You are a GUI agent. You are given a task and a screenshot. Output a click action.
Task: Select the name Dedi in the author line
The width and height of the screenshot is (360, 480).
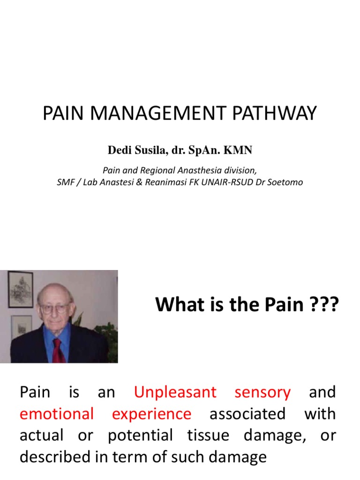(x=119, y=150)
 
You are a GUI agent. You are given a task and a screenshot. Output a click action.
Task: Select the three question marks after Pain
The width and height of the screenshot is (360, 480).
(x=322, y=305)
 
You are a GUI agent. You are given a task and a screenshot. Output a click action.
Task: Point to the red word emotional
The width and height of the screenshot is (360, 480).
(x=57, y=414)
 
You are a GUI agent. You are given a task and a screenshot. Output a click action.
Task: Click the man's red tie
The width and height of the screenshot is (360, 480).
(x=58, y=349)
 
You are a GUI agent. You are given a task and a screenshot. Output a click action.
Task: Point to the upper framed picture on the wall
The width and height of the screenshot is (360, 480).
(x=21, y=289)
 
